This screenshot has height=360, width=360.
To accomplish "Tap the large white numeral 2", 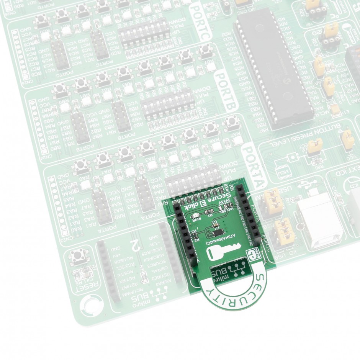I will (134, 244).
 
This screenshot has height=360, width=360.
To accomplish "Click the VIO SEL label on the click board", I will (225, 209).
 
